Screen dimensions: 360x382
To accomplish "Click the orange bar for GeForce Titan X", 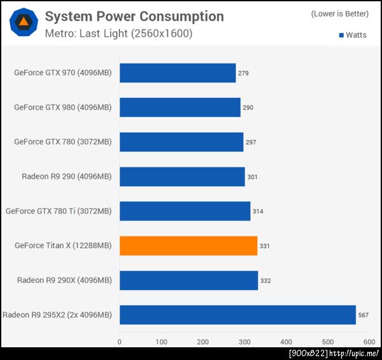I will tap(188, 246).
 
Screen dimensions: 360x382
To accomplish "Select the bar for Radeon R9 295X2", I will tap(237, 314).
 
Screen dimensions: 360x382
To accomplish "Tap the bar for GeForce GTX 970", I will tap(178, 73).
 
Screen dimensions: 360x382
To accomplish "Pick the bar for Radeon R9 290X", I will tap(188, 280).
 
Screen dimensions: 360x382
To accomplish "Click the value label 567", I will tap(364, 314).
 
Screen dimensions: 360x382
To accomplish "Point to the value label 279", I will tap(243, 73).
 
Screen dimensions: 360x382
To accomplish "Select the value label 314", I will tap(258, 211).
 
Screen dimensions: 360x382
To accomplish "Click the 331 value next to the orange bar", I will tap(265, 246).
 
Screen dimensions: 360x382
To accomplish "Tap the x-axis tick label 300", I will tap(244, 342).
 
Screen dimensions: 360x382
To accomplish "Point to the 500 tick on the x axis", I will tap(328, 342).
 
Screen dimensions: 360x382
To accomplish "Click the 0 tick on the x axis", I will tap(120, 342).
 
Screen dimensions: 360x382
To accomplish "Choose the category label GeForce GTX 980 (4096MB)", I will tap(62, 107).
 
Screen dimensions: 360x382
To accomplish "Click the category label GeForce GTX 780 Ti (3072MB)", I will tap(58, 211).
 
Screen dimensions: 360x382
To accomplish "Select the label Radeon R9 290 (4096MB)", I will tap(66, 176).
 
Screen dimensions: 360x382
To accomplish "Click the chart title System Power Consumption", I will tap(134, 17).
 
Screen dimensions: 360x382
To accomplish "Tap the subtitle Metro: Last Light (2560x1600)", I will tap(118, 33).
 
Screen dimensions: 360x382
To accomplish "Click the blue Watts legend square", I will tap(341, 35).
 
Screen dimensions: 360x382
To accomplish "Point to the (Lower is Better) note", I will tap(339, 14).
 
